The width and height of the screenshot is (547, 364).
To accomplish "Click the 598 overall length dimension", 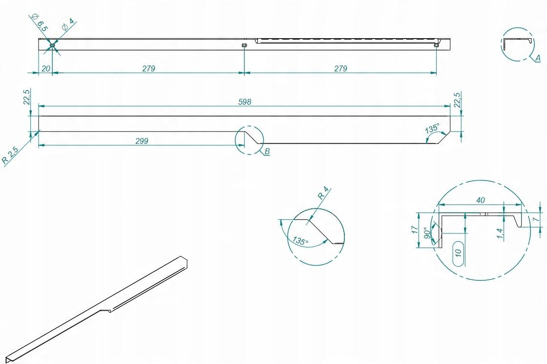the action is [x=245, y=102].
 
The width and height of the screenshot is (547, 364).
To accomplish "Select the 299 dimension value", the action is [x=142, y=141].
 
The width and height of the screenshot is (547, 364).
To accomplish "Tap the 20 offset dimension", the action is [x=46, y=68].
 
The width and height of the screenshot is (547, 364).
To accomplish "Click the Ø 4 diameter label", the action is [x=68, y=24].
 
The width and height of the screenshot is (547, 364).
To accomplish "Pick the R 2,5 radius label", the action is [x=10, y=155].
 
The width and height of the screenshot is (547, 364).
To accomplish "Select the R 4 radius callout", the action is [x=323, y=193].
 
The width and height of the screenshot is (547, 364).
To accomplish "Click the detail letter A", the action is [x=538, y=58].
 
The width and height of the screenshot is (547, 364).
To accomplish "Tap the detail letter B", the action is [x=267, y=151].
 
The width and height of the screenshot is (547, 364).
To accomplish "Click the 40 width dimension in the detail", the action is [x=481, y=200].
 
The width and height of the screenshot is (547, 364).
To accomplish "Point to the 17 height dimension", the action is [x=415, y=229].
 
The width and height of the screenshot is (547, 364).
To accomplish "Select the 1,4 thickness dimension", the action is [x=500, y=234].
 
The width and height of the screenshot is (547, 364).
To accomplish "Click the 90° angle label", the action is [x=426, y=233].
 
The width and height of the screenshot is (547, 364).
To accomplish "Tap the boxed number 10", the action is [x=459, y=252].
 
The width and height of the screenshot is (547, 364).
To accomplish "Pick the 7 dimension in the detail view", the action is [x=535, y=219].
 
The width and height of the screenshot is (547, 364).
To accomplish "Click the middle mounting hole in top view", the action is [x=244, y=45].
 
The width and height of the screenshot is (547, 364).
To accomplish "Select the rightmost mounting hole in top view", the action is [x=436, y=45].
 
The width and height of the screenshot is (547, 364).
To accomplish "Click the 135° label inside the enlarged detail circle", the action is [x=300, y=241].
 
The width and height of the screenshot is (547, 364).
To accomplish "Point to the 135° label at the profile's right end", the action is [x=432, y=128].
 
